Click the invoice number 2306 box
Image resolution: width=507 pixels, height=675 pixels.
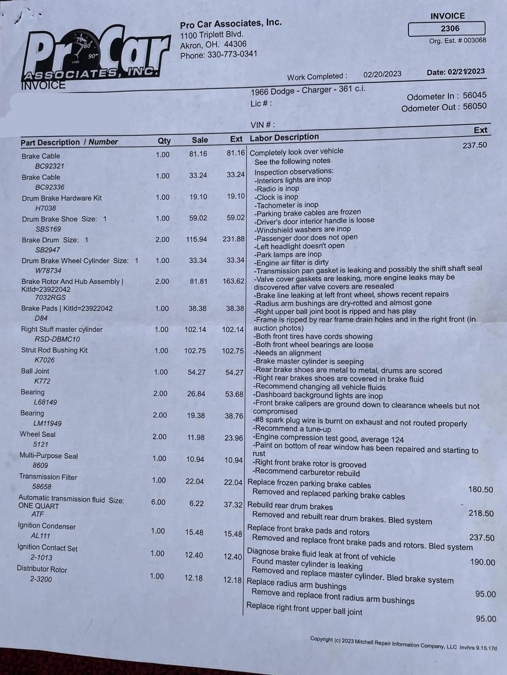click(447, 29)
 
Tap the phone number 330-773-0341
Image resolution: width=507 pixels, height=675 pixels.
click(232, 54)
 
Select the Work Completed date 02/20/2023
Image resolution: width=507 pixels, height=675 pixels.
click(382, 74)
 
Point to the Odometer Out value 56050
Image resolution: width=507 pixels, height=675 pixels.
click(474, 106)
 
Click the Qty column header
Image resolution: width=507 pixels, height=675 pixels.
click(164, 141)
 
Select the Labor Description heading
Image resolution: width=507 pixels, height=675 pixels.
click(284, 137)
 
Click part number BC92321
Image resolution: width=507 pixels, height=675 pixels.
click(50, 166)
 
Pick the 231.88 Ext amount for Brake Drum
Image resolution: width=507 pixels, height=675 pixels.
click(233, 239)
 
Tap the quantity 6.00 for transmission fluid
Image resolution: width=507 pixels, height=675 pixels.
click(158, 502)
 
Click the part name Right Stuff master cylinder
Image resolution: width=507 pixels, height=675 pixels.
click(62, 329)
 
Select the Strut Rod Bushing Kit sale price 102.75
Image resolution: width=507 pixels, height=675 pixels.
click(195, 351)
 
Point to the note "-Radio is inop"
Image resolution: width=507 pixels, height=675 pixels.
click(277, 189)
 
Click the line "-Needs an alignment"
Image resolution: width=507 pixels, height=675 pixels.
click(287, 353)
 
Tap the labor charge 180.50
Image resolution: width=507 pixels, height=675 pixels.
click(480, 489)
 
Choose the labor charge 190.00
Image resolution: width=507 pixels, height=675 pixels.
click(482, 562)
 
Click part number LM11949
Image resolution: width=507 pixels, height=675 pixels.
click(48, 423)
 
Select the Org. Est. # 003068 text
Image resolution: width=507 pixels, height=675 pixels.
click(457, 41)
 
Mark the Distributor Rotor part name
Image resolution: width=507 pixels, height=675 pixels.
click(42, 569)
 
